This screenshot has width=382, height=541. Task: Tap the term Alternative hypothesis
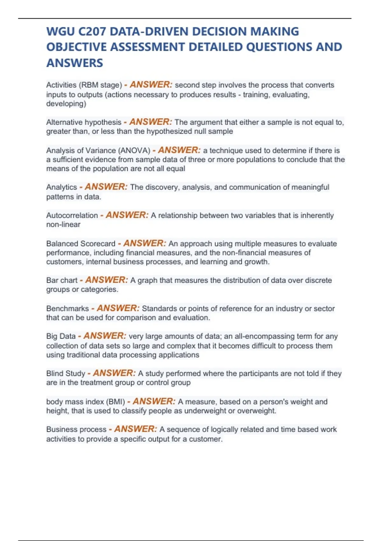pos(84,122)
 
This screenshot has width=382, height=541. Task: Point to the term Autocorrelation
pos(72,215)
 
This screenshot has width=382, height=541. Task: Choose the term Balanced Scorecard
pos(81,244)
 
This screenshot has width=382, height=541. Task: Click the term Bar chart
pos(62,280)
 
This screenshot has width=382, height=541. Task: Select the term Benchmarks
pos(67,309)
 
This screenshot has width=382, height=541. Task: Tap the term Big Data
pos(61,336)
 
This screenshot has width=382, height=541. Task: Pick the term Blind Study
pos(66,374)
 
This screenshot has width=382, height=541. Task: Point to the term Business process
pos(76,430)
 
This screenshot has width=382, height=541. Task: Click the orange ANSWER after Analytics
pos(106,187)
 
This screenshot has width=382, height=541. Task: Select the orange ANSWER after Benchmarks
pos(118,308)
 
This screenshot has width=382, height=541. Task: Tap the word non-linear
pos(63,225)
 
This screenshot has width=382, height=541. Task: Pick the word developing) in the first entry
pos(66,104)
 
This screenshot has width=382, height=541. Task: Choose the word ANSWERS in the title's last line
pos(75,63)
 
